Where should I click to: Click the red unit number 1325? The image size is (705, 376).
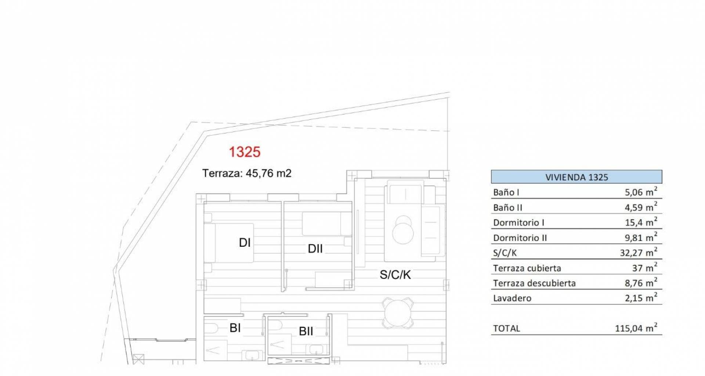(x=245, y=152)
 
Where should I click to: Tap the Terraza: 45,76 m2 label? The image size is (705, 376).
(x=247, y=173)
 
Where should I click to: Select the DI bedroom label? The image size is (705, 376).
(x=245, y=242)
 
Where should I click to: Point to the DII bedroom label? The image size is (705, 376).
(x=315, y=249)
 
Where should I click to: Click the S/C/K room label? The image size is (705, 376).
(x=395, y=274)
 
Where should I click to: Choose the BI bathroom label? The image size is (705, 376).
(x=235, y=328)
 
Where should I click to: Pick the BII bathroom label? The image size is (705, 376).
(x=306, y=331)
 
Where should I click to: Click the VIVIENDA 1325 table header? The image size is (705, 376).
(x=576, y=177)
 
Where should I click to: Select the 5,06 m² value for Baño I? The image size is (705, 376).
(x=641, y=191)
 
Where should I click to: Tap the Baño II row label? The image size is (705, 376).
(x=507, y=207)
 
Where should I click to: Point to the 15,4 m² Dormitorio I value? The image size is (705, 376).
(x=641, y=222)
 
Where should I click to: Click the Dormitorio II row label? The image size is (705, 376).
(x=520, y=238)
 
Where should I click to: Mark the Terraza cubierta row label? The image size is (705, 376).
(x=527, y=268)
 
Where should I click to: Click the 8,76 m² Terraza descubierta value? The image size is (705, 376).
(x=641, y=282)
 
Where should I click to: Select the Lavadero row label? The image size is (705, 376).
(x=512, y=298)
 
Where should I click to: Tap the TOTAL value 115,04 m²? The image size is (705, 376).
(x=636, y=328)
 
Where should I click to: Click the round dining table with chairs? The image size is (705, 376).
(x=398, y=312)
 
